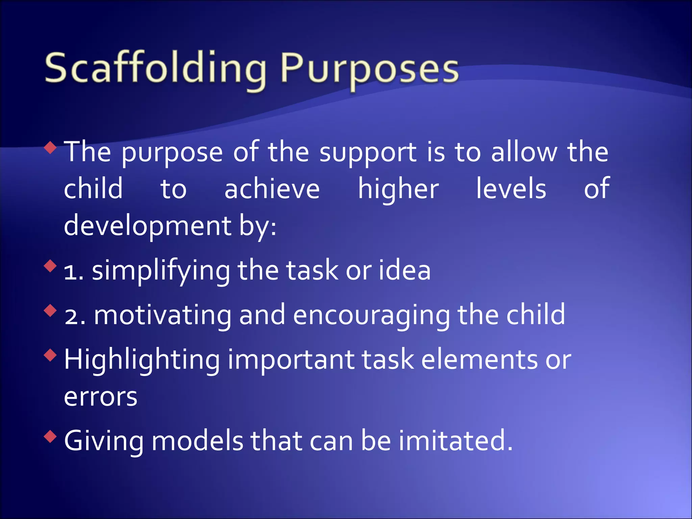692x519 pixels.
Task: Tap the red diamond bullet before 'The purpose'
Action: tap(50, 148)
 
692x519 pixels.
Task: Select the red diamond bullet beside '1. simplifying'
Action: tap(50, 266)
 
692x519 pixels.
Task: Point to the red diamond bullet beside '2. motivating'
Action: tap(50, 311)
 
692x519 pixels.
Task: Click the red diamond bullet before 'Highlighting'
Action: tap(50, 355)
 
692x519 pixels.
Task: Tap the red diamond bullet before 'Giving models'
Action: tap(50, 437)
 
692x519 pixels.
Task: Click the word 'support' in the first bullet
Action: tap(368, 153)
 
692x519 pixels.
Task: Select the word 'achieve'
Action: tap(272, 189)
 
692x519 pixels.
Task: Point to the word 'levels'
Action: tap(511, 189)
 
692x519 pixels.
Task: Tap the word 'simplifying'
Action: tap(161, 271)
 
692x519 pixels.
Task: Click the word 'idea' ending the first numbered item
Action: tap(404, 271)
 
